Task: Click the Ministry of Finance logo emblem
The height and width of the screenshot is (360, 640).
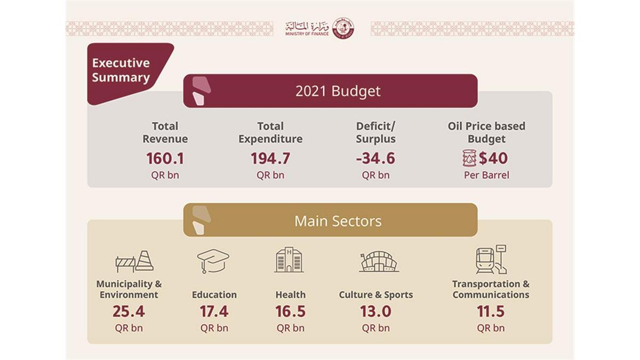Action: (342, 28)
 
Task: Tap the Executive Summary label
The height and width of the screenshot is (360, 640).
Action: (121, 70)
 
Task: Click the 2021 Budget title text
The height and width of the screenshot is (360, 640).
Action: (338, 91)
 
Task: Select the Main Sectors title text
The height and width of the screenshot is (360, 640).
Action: (338, 221)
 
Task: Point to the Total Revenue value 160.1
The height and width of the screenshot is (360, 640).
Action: (165, 158)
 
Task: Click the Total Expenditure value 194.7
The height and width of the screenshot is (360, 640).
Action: (270, 158)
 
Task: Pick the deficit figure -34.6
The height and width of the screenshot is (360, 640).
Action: (375, 158)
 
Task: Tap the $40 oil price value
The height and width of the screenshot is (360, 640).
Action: (493, 158)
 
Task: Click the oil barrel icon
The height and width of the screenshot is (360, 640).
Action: (469, 158)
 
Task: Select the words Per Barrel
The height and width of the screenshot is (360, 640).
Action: (486, 175)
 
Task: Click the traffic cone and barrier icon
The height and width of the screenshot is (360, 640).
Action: (134, 261)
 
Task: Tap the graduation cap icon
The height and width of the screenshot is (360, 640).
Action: (213, 261)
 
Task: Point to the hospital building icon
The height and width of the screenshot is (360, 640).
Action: (289, 260)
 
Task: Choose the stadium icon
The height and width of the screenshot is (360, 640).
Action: (378, 261)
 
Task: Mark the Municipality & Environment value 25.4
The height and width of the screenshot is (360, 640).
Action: (129, 311)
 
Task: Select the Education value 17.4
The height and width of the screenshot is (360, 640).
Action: (214, 311)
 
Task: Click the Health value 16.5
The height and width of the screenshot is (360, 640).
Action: (290, 311)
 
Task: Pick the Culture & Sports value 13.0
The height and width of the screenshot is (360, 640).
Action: (375, 311)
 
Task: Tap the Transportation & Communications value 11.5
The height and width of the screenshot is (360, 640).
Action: (491, 311)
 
